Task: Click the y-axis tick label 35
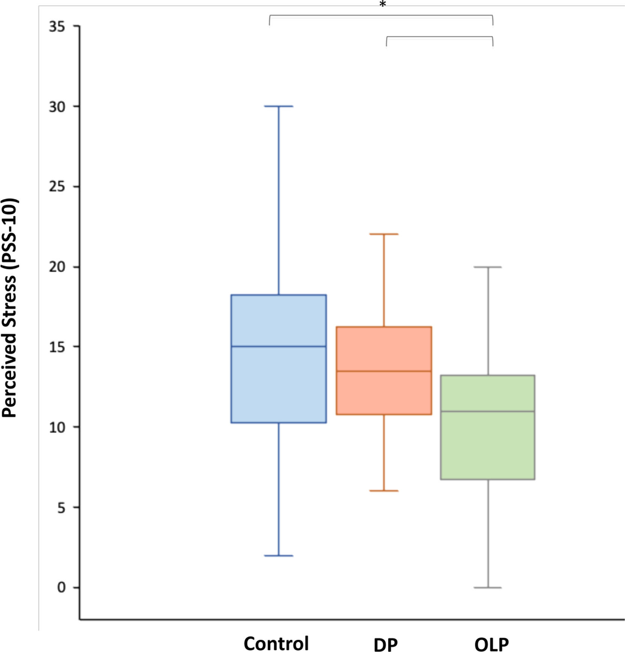click(57, 27)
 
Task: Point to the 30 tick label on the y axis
click(57, 107)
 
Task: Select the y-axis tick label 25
click(57, 187)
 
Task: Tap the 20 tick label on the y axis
click(57, 267)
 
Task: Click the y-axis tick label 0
click(61, 587)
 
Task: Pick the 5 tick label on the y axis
click(61, 508)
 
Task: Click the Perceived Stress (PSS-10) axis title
click(10, 307)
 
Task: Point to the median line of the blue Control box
click(279, 346)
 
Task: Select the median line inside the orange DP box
click(384, 371)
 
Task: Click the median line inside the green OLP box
click(488, 411)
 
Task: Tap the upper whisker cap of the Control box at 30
click(279, 106)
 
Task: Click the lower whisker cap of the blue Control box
click(279, 556)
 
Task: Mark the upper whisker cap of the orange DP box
click(384, 234)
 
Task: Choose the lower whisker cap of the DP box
click(384, 491)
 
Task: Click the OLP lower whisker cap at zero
click(488, 588)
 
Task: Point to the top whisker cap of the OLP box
click(488, 267)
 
